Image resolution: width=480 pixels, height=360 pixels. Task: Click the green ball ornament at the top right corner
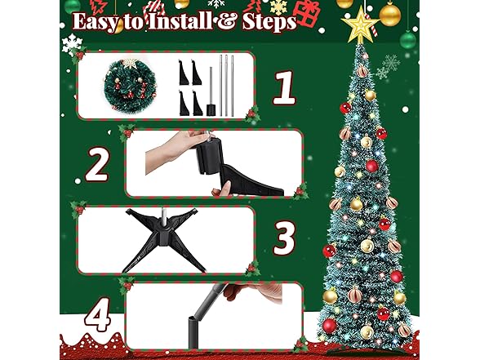[x=408, y=38]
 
